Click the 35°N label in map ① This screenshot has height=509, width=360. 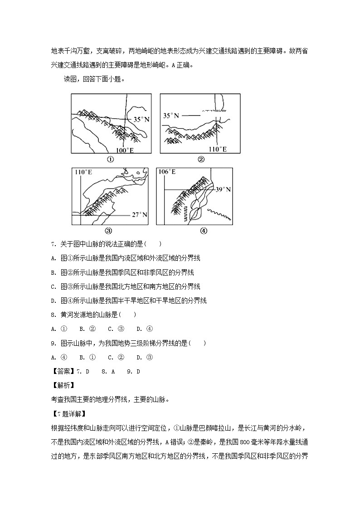coord(141,119)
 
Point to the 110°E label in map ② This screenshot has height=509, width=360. coord(217,149)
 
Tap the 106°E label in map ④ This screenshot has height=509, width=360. coord(166,172)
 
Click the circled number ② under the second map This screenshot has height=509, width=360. coord(201,159)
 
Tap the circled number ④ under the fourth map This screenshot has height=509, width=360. coord(203,230)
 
